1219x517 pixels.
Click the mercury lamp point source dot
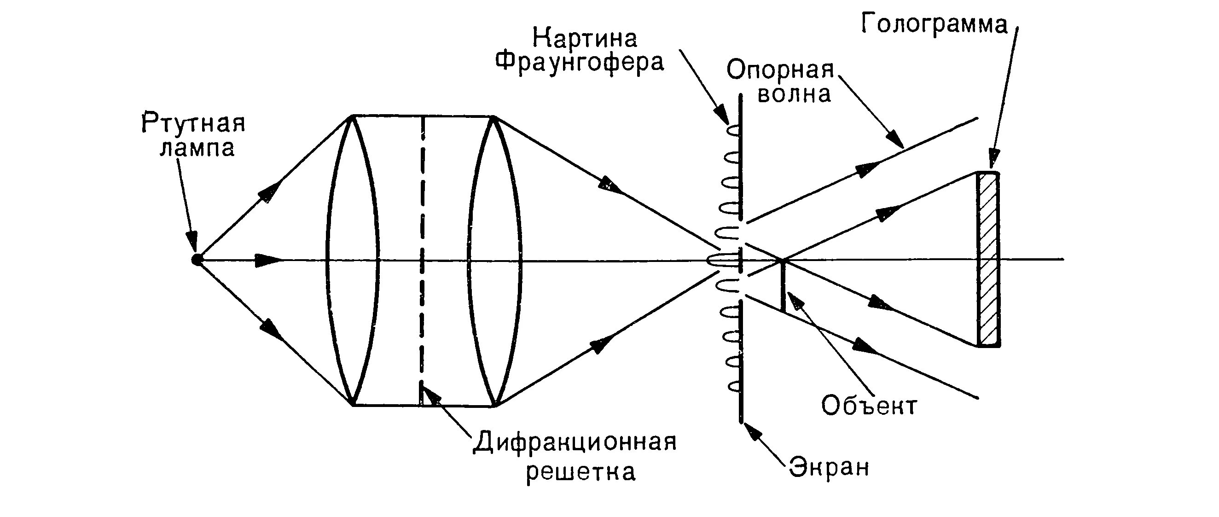(197, 260)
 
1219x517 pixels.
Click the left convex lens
(353, 260)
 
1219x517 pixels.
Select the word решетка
(580, 472)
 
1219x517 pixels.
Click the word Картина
(585, 39)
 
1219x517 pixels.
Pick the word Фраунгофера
(580, 63)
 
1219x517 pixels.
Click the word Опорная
(780, 70)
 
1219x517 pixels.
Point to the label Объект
(869, 406)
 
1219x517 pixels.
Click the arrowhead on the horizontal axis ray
(265, 260)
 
